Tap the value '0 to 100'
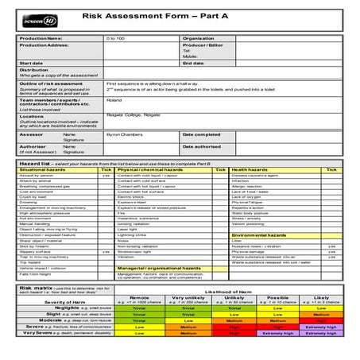115,38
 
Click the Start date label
32,63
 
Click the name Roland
114,100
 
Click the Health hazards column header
250,170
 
